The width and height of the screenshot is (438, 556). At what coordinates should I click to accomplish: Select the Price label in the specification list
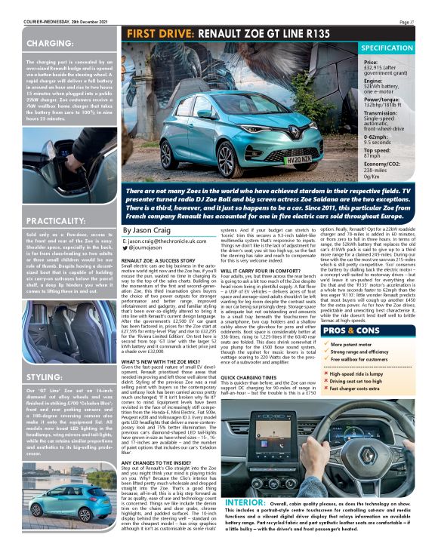371,63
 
